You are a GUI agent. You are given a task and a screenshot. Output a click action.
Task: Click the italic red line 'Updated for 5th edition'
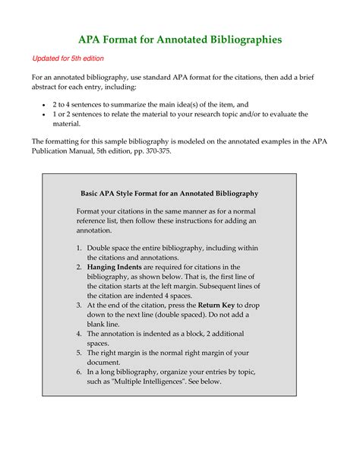pos(68,59)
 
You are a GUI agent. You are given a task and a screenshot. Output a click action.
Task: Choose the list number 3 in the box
pos(80,305)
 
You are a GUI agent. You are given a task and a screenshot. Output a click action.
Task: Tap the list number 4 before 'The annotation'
pos(80,333)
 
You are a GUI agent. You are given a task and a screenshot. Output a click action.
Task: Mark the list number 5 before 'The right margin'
pos(80,352)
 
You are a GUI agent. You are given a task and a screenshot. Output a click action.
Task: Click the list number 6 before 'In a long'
pos(80,371)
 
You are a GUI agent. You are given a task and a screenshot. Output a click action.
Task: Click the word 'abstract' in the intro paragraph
pos(47,88)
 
